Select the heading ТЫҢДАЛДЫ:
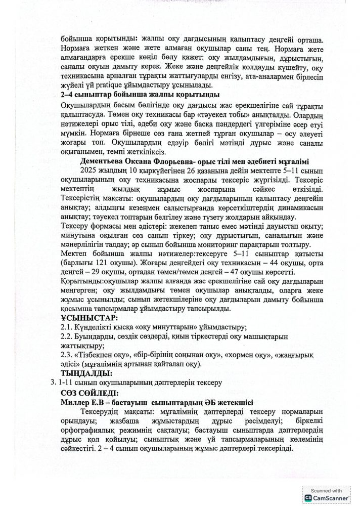(86, 373)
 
